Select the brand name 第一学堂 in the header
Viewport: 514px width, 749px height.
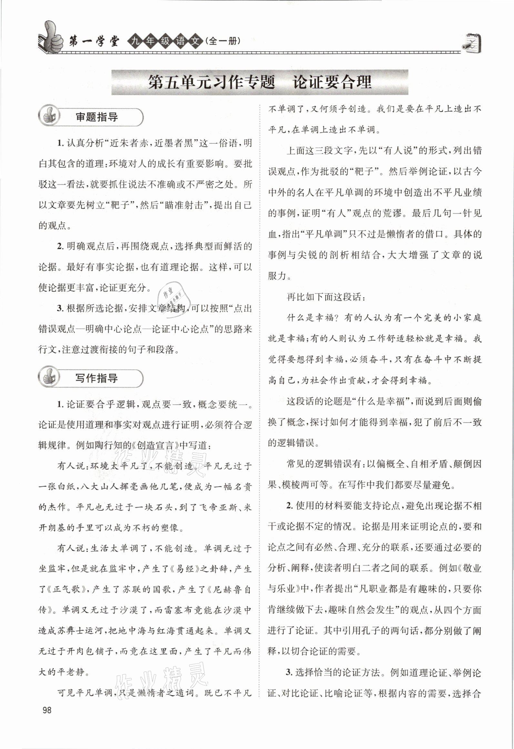tap(94, 42)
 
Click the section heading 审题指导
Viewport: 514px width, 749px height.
tap(97, 117)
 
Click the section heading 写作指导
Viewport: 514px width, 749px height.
tap(97, 378)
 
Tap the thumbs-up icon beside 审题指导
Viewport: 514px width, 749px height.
tap(49, 116)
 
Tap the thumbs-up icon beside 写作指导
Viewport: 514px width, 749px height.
tap(49, 378)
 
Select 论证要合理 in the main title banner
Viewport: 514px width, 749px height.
tap(332, 82)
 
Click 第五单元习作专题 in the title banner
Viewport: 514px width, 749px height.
tap(211, 82)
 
